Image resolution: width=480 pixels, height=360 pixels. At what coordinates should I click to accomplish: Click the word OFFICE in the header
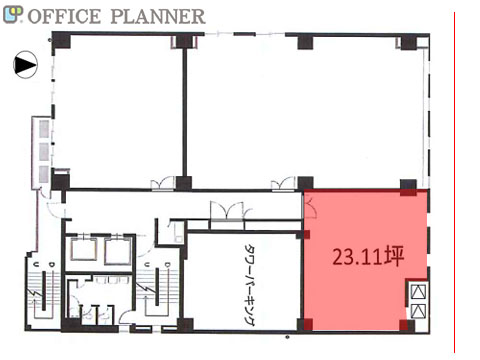click(64, 17)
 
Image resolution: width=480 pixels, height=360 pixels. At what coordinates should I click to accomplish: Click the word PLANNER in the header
click(158, 17)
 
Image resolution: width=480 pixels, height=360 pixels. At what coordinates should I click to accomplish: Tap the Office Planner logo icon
click(13, 15)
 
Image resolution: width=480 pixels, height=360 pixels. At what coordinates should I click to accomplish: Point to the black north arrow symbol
click(25, 65)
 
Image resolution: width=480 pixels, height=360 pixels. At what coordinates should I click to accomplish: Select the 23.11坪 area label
click(368, 256)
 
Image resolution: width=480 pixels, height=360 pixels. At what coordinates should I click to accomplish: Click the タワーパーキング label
click(249, 285)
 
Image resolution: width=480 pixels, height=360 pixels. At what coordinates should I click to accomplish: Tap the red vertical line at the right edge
click(454, 182)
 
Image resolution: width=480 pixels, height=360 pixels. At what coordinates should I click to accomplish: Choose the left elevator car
click(83, 252)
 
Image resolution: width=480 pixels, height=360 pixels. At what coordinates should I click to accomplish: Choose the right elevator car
click(117, 252)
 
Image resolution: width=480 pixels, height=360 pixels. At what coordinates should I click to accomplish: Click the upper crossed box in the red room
click(418, 292)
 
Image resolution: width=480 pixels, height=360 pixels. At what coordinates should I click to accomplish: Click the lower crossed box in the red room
click(418, 311)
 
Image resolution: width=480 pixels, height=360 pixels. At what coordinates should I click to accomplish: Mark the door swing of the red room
click(310, 207)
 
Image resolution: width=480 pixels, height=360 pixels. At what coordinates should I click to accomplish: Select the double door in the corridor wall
click(230, 211)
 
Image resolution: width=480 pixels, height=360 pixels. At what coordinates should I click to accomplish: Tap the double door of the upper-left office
click(163, 184)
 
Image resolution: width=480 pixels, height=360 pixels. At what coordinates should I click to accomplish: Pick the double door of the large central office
click(283, 184)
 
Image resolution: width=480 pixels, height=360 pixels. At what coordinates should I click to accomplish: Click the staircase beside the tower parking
click(157, 290)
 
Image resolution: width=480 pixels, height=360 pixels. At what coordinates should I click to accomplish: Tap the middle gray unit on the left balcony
click(44, 152)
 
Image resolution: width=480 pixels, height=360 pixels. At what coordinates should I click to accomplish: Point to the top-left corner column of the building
click(61, 40)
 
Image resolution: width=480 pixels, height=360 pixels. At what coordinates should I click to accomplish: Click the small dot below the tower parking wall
click(287, 337)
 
